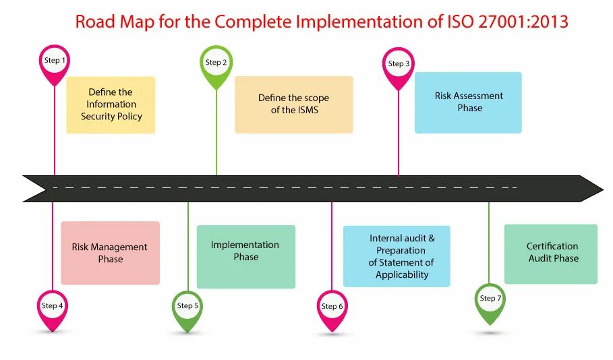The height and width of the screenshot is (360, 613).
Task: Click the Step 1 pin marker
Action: pyautogui.click(x=55, y=61)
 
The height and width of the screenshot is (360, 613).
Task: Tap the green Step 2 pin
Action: pyautogui.click(x=216, y=63)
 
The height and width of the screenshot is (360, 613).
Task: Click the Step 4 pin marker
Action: pyautogui.click(x=53, y=306)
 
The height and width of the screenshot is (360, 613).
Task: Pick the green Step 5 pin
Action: pyautogui.click(x=187, y=306)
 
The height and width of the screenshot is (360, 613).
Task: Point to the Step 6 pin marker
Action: pyautogui.click(x=332, y=307)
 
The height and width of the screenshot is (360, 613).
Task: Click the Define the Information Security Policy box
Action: pyautogui.click(x=111, y=104)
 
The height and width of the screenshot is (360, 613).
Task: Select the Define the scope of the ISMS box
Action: pyautogui.click(x=293, y=104)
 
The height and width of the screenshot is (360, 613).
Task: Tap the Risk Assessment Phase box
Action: pyautogui.click(x=468, y=102)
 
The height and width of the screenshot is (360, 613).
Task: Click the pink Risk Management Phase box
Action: pyautogui.click(x=110, y=253)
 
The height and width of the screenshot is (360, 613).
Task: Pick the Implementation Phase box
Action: pyautogui.click(x=245, y=256)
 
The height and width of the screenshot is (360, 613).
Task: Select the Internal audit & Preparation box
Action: pyautogui.click(x=397, y=256)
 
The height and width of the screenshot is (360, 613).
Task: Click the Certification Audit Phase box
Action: pyautogui.click(x=551, y=253)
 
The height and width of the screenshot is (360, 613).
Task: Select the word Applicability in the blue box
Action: pyautogui.click(x=402, y=274)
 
